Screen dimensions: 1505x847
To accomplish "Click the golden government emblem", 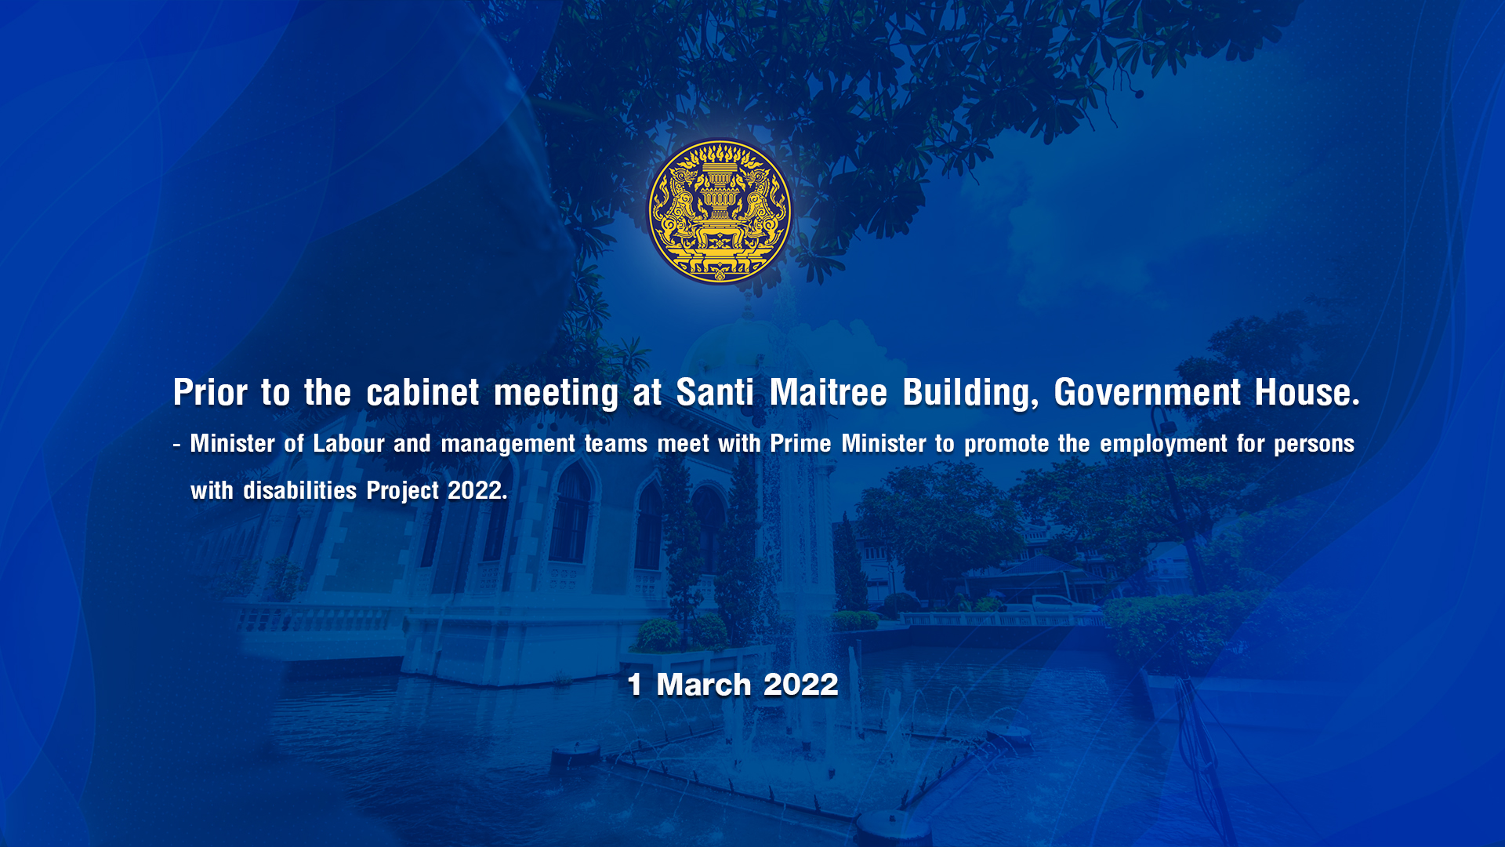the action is click(x=720, y=212).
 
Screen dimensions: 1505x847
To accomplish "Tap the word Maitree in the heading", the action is click(x=828, y=392).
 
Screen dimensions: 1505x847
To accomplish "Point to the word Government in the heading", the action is click(x=1148, y=392).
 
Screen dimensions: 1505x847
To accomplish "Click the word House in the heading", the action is click(x=1307, y=392).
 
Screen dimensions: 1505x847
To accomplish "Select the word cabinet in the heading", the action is click(x=422, y=392).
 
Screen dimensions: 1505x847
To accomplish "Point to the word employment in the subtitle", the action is click(x=1163, y=445).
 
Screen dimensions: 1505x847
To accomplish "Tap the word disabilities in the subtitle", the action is click(x=299, y=491).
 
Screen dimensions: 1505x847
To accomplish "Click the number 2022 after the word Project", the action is click(x=475, y=491).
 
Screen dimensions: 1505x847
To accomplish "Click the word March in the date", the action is click(x=704, y=685).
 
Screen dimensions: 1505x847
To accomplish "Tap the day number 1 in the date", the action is click(x=635, y=685).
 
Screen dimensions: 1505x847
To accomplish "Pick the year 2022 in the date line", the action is click(x=801, y=685).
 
